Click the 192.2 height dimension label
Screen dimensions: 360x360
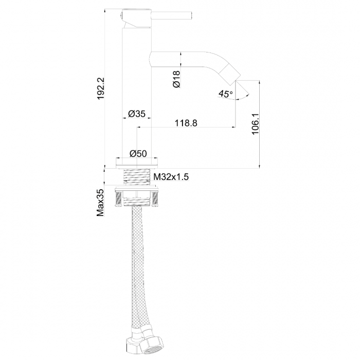(x=101, y=88)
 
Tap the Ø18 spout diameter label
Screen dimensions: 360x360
(x=176, y=79)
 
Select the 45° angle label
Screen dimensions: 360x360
(x=225, y=94)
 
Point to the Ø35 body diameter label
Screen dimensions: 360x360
(x=137, y=114)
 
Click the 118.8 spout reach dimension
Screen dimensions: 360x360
(x=186, y=123)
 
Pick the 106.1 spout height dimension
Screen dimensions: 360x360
(x=255, y=124)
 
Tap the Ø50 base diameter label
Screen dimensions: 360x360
(x=138, y=153)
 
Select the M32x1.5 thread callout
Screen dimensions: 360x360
(x=171, y=177)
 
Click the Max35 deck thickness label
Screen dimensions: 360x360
(x=100, y=203)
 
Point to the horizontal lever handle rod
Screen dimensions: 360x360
(x=172, y=16)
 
